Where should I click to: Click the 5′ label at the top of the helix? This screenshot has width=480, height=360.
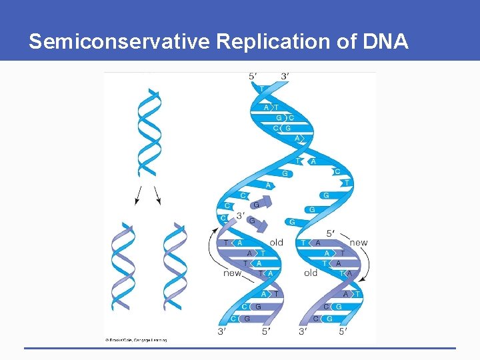pos(253,77)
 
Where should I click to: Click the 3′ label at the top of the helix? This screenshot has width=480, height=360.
pos(285,77)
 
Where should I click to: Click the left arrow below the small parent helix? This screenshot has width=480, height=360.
pos(138,195)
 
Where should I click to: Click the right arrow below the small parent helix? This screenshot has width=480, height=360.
pos(158,195)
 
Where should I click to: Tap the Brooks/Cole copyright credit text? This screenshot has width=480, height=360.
pos(136,339)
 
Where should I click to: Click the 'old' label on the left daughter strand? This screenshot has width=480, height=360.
pos(276,242)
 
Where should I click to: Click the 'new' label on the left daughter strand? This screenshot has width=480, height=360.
pos(232,273)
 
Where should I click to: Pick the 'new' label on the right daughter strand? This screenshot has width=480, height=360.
pos(359,242)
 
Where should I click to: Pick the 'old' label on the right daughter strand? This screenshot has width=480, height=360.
pos(311,273)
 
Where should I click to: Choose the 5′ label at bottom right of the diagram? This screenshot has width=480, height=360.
pos(343,331)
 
